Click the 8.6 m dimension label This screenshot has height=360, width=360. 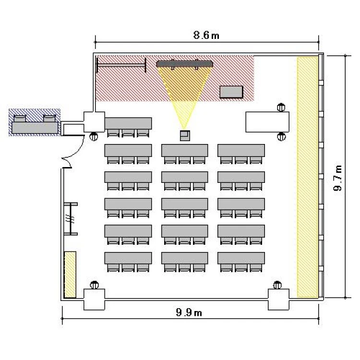tap(206, 35)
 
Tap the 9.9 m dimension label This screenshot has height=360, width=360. tap(189, 312)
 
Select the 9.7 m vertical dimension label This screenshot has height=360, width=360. tap(337, 178)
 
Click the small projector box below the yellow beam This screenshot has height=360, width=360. tap(185, 135)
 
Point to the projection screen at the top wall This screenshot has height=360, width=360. tap(185, 63)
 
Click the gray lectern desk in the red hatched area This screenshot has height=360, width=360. tap(231, 92)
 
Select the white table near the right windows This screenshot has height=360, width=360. tap(267, 122)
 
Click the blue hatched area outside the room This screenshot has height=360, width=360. tap(35, 122)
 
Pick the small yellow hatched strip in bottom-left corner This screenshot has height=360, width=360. tap(70, 275)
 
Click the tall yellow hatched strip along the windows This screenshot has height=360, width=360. tap(307, 177)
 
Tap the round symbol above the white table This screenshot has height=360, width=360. tap(281, 108)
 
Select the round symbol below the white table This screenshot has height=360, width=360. tap(281, 137)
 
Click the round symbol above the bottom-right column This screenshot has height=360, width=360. tap(277, 285)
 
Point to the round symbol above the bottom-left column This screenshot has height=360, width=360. tap(94, 285)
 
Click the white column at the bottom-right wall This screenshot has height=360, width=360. tap(278, 300)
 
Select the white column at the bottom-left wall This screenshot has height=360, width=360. tap(94, 300)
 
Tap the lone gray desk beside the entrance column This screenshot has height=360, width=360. tap(128, 123)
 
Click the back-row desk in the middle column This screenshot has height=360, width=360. tap(185, 258)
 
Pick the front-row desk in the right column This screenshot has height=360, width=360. tap(241, 150)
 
